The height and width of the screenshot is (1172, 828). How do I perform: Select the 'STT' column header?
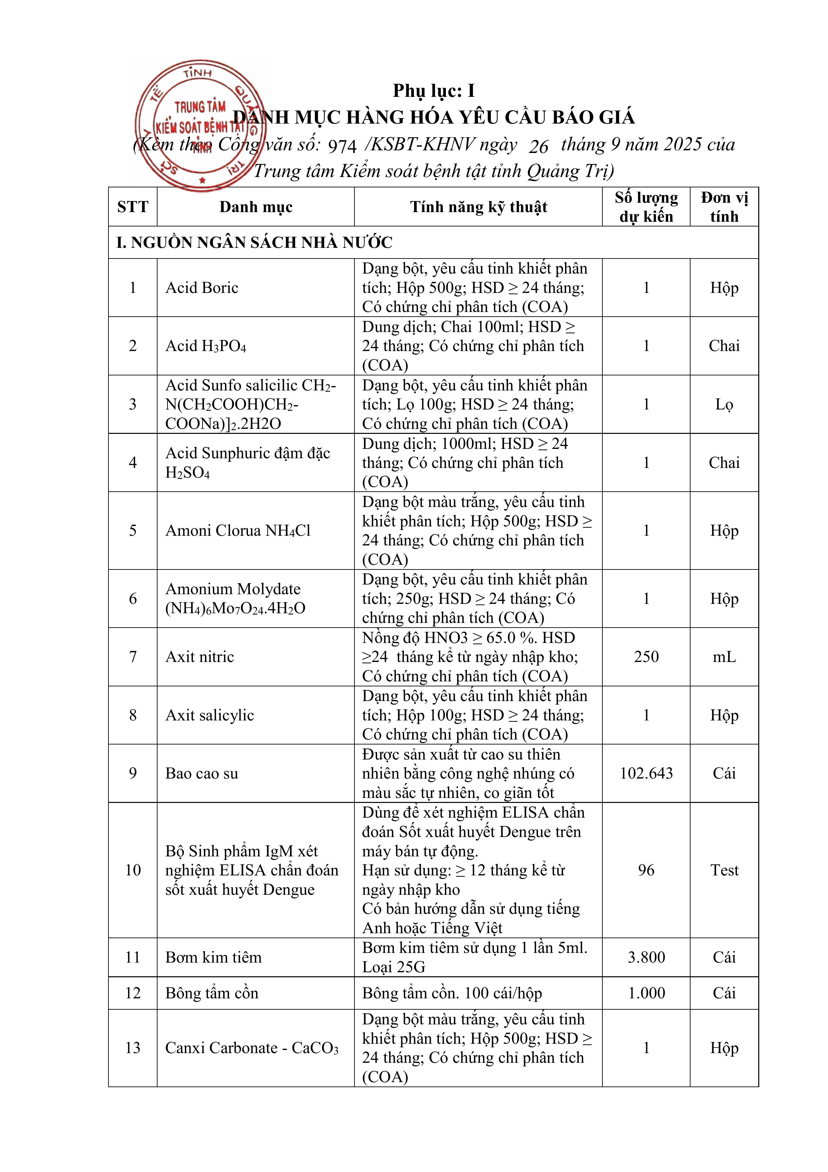tap(132, 207)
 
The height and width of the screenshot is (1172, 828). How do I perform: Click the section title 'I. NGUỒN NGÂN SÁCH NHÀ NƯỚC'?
tap(254, 242)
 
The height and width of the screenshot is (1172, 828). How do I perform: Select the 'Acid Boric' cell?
tap(202, 288)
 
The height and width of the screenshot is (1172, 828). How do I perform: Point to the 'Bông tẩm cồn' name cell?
tap(212, 993)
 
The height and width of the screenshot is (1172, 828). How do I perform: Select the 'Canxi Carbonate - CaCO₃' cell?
tap(252, 1048)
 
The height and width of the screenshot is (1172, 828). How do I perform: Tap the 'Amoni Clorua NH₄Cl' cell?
tap(238, 530)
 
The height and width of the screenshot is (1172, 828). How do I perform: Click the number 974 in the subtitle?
tap(342, 147)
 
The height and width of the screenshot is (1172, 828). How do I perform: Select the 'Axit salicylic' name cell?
tap(210, 715)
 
